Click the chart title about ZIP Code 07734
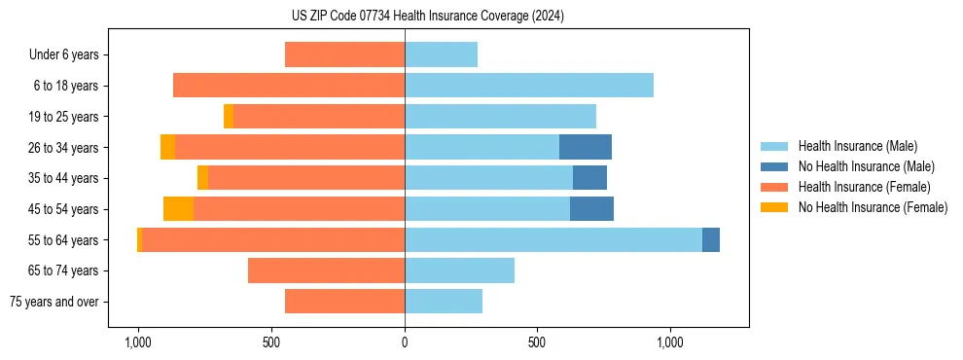coord(421,17)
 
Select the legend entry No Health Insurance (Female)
coord(873,207)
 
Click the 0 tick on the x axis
coord(405,343)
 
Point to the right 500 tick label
coord(537,343)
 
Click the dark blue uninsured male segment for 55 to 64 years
coord(711,240)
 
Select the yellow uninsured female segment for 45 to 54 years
coord(178,209)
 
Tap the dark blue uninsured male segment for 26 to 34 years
coord(586,147)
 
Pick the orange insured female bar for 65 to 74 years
coord(326,270)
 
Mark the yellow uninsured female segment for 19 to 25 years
coord(229,117)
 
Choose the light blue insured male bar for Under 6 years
coord(441,54)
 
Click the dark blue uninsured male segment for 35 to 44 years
coord(589,178)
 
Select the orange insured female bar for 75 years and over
coord(344,302)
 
